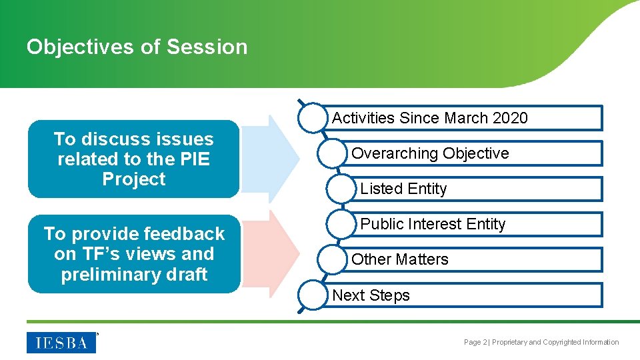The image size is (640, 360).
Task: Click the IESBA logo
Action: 61,343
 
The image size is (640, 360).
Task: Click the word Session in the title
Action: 207,47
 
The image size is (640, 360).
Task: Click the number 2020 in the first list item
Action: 510,118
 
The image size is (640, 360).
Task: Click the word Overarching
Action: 395,154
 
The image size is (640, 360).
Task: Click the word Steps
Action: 389,295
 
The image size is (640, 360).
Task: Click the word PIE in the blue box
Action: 195,159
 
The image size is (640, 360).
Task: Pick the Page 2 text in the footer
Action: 475,342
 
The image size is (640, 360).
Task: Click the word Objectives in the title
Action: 80,47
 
